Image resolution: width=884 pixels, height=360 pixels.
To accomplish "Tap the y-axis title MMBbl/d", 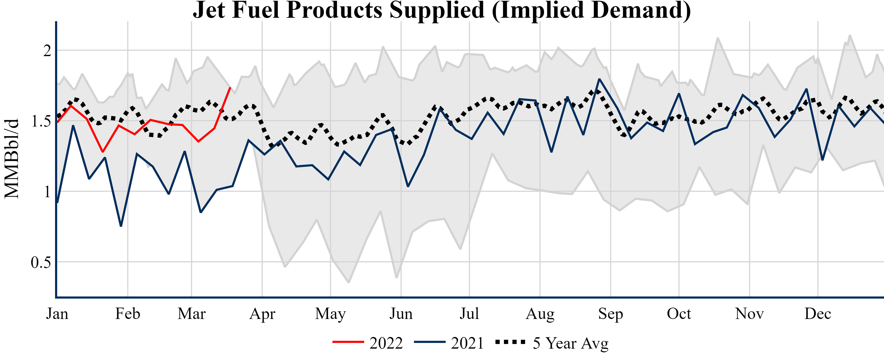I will [x=11, y=159].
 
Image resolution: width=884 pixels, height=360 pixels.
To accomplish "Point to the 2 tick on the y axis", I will [x=47, y=51].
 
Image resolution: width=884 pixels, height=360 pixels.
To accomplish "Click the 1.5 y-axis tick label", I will [x=41, y=121].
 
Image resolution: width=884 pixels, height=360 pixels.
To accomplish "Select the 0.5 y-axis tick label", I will [x=41, y=263].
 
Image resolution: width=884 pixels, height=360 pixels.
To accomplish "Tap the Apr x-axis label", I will [x=262, y=314].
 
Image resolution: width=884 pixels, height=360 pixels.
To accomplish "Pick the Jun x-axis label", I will [x=401, y=314].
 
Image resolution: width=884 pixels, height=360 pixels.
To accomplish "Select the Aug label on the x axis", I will [x=540, y=314].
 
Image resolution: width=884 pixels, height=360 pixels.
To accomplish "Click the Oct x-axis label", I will [x=679, y=314].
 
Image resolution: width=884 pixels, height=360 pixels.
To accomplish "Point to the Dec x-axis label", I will [x=818, y=314].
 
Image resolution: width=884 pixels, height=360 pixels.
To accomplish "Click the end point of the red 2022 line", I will [x=230, y=88].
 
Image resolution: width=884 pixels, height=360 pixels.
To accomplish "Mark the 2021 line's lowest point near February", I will [x=121, y=226].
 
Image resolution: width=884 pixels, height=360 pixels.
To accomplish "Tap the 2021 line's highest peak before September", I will [x=599, y=79].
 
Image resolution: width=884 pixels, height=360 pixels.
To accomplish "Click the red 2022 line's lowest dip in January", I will [x=103, y=151].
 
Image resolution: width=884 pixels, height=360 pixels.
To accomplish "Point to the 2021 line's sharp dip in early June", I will [x=408, y=186].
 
